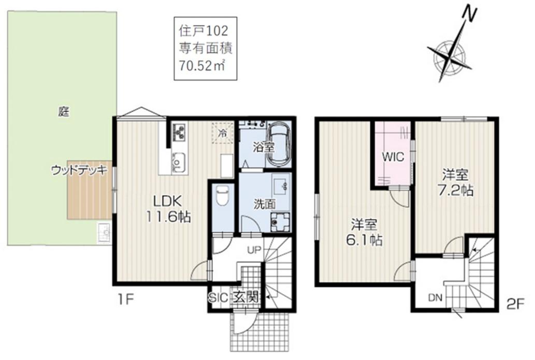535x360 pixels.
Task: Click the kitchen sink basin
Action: pos(179,163)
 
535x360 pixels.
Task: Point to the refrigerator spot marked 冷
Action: pos(223,133)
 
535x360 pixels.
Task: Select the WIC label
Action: pos(393,157)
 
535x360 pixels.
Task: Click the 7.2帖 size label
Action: pos(455,191)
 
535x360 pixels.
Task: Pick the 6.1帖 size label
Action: pos(364,240)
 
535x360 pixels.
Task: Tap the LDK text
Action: pos(167,201)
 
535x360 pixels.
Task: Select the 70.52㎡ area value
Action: pos(202,65)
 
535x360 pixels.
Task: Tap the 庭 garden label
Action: pos(64,111)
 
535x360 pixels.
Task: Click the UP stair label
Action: pos(254,251)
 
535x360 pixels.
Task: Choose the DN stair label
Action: pos(435,298)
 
